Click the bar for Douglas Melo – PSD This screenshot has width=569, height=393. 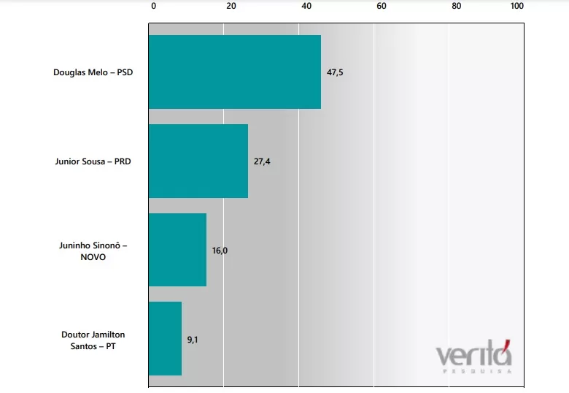coord(235,72)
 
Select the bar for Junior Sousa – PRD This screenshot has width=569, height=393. coord(198,161)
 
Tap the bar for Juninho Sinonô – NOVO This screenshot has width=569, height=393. coord(177,250)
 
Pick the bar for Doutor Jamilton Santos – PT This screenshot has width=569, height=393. coord(165,338)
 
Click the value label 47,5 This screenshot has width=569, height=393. coord(335,72)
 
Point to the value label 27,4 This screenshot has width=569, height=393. coord(262,161)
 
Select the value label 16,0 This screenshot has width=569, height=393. coord(220,250)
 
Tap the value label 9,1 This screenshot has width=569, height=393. coord(193,339)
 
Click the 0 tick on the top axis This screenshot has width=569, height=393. coord(153,7)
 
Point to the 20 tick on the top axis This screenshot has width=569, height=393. coord(231,7)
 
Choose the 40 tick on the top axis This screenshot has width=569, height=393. coord(306,7)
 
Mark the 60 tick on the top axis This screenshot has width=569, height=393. coord(381,7)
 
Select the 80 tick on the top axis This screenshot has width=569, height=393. coord(457,7)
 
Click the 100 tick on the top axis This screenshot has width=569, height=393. coord(517,7)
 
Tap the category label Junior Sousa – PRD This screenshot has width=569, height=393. coord(93,161)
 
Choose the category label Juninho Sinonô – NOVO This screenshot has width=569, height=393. coord(93,251)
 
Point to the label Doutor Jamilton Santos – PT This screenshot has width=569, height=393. coord(93,340)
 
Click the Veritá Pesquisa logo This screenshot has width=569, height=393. coord(473,357)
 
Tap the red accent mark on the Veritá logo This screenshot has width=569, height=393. coord(506,343)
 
